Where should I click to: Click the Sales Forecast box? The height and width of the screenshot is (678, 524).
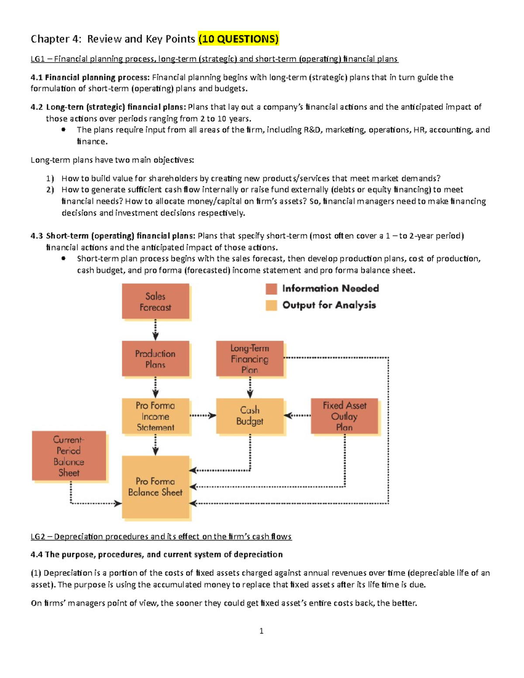click(x=155, y=301)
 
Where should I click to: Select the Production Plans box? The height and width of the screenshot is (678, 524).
click(x=155, y=358)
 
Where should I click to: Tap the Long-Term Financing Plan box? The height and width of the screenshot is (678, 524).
click(x=250, y=358)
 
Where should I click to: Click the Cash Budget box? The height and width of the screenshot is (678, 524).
click(x=250, y=416)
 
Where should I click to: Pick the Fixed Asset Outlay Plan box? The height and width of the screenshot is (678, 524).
click(x=344, y=416)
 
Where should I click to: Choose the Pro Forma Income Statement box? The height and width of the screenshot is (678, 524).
click(x=155, y=416)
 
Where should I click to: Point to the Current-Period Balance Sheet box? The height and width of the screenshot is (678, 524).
click(x=69, y=456)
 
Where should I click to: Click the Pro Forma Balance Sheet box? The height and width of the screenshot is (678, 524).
click(x=155, y=487)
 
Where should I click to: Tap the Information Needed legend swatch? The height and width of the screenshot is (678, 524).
click(x=272, y=289)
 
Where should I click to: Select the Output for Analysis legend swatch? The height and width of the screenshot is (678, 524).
click(x=272, y=305)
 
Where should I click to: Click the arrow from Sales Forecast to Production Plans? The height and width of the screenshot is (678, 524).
click(x=155, y=330)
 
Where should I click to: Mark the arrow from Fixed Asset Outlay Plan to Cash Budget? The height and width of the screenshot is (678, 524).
click(x=297, y=416)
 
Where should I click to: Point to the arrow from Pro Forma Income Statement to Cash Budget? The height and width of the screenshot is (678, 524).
click(x=203, y=416)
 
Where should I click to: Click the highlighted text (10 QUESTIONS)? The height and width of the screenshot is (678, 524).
click(x=238, y=39)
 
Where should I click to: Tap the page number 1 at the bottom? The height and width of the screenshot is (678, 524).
click(x=261, y=631)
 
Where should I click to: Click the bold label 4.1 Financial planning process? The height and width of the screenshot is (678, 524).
click(x=90, y=77)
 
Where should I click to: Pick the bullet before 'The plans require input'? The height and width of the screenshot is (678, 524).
click(x=63, y=129)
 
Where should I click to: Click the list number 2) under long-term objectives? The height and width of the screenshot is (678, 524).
click(x=50, y=189)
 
